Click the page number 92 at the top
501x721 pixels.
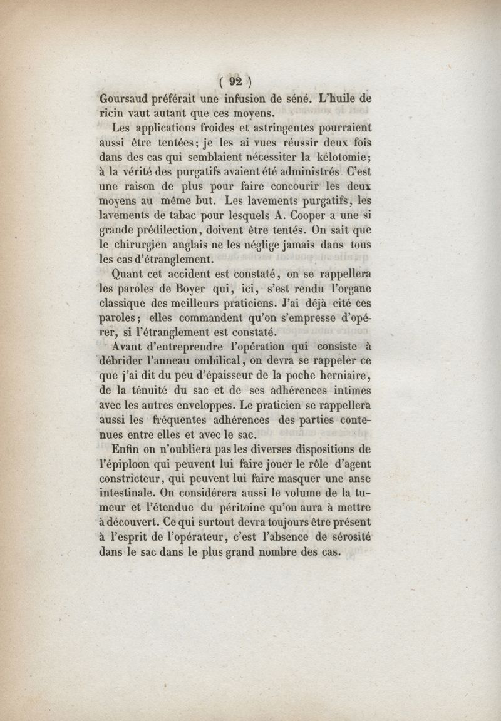pos(235,81)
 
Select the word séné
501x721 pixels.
pos(298,98)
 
